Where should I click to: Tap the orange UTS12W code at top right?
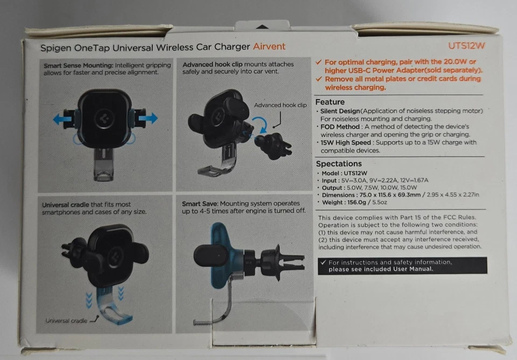coord(466,46)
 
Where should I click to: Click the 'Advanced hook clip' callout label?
coord(280,105)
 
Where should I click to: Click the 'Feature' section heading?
coord(330,102)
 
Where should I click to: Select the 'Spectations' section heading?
coord(339,164)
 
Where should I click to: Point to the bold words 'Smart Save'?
coord(199,204)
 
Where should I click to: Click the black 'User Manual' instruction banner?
coord(402,265)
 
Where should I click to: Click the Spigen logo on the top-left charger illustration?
coord(102,119)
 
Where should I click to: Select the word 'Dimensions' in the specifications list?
coord(338,194)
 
